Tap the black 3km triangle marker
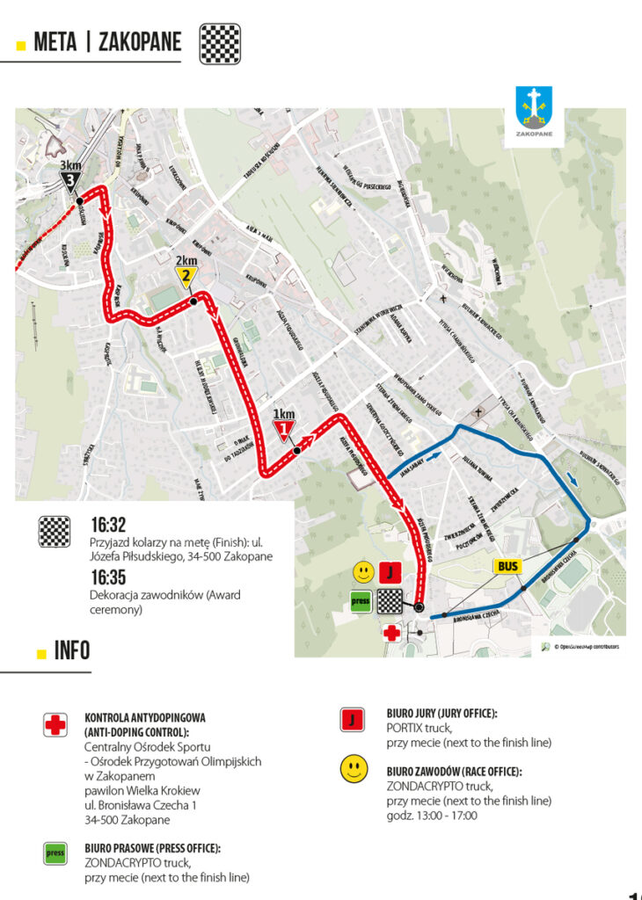point(70,181)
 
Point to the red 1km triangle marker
point(283,430)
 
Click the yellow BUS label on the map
point(507,567)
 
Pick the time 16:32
point(108,526)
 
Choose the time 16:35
point(108,577)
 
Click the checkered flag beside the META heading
point(220,42)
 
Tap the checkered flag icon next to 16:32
point(55,532)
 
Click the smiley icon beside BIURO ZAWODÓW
point(354,771)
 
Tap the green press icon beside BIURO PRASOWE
point(55,853)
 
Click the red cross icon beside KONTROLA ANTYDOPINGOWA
point(55,725)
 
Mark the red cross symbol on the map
point(390,632)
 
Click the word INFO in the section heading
point(72,652)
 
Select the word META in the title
point(56,42)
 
